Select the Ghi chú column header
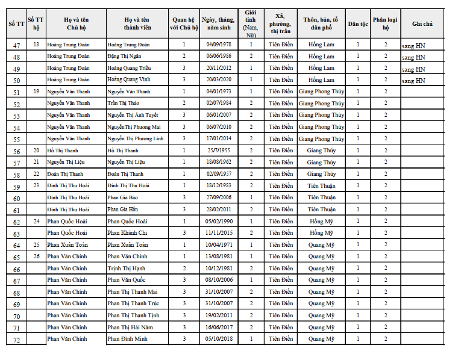422,23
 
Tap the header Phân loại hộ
385,23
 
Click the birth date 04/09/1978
218,45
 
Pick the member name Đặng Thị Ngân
124,56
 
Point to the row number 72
16,340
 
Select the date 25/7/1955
218,151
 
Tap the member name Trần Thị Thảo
124,103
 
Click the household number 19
36,91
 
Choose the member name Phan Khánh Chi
127,233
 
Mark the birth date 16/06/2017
218,327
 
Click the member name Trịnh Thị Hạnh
126,268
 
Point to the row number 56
16,151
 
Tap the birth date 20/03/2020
218,79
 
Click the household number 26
36,256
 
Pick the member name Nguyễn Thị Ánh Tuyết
133,115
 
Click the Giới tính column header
251,23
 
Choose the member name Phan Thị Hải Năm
130,327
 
